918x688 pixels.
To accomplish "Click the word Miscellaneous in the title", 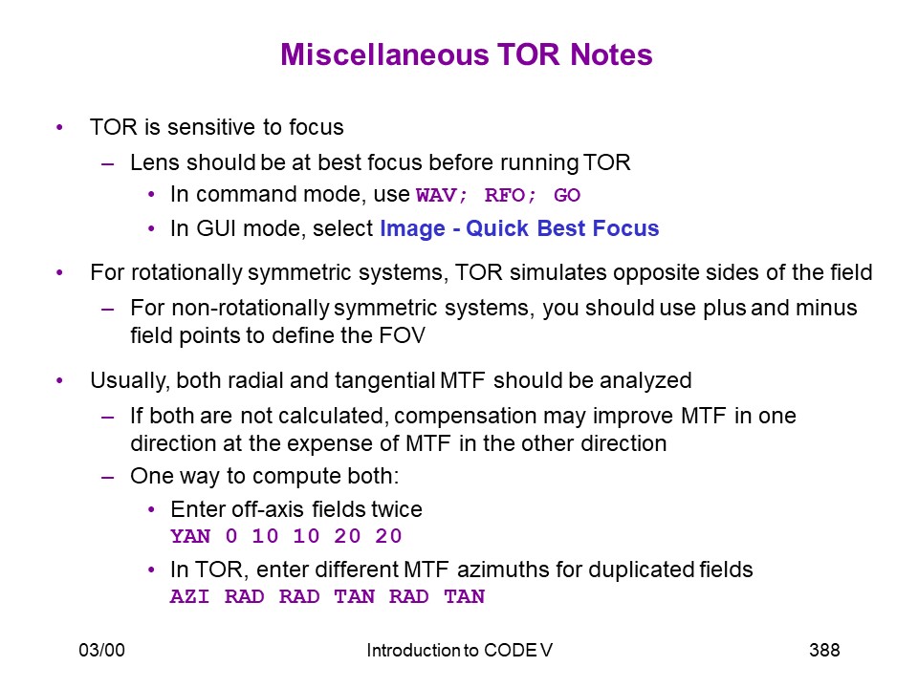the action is coord(384,54).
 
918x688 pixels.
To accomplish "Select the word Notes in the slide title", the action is coord(611,54).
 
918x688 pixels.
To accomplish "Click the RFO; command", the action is coord(510,195).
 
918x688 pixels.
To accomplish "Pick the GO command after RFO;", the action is coord(567,195).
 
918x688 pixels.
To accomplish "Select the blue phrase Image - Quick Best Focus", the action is coord(519,228).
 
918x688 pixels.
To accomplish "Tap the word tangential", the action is coord(384,381).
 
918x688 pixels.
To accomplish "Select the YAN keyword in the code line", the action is coord(190,536).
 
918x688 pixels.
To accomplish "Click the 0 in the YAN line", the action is coord(231,536).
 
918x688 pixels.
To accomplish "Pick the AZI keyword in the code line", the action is coord(189,596).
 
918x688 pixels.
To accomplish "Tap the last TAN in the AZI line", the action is coord(465,596).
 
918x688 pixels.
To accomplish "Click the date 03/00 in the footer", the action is coord(102,650).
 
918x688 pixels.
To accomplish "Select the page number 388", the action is coord(824,650).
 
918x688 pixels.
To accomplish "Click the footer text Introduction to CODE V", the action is coord(460,650).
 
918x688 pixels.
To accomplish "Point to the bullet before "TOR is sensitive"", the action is coord(59,127).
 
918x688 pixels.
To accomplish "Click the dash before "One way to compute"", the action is coord(107,477).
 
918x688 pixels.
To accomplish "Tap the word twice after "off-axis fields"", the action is coord(396,509).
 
